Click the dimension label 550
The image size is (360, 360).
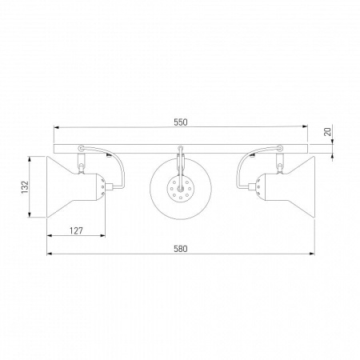tap(181, 122)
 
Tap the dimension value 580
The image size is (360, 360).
tap(181, 249)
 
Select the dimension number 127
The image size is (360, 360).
tap(76, 230)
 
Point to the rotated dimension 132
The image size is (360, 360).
tap(25, 187)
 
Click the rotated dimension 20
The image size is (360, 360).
tap(328, 132)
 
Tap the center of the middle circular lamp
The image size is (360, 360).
tap(181, 188)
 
